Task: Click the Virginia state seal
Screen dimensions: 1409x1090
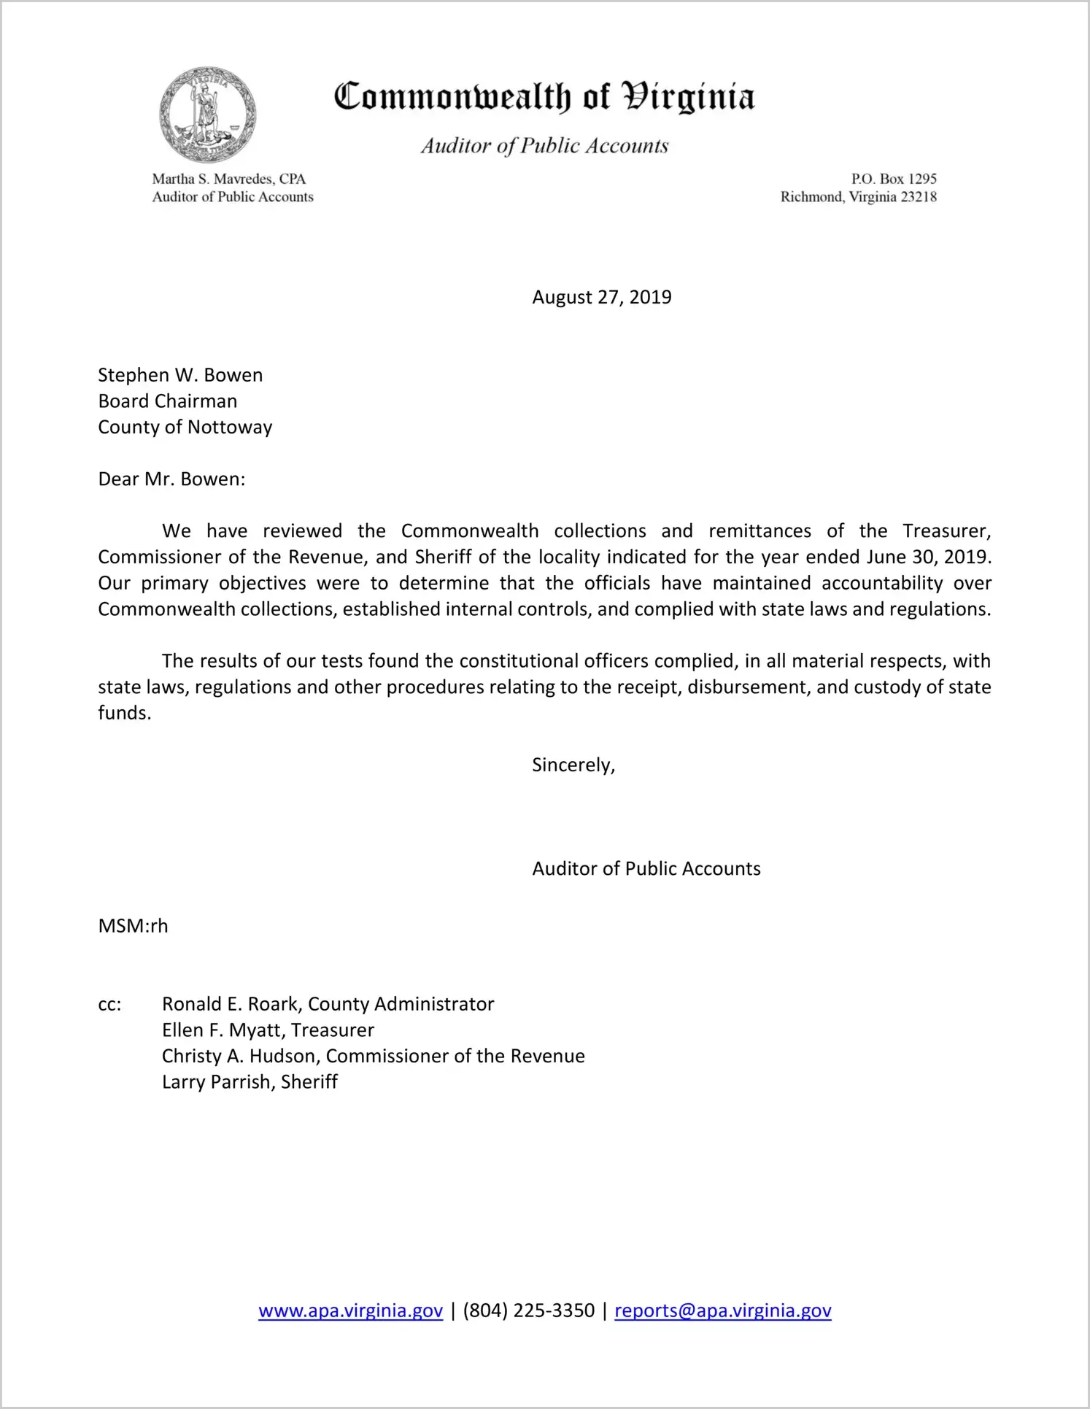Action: pyautogui.click(x=208, y=115)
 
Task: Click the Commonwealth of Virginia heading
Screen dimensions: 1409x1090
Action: pyautogui.click(x=544, y=97)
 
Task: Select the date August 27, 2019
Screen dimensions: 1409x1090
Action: pyautogui.click(x=601, y=297)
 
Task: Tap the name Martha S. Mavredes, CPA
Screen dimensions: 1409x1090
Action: pyautogui.click(x=228, y=179)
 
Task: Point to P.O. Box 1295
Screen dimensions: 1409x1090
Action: pyautogui.click(x=893, y=179)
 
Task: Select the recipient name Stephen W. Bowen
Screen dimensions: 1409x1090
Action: pyautogui.click(x=180, y=375)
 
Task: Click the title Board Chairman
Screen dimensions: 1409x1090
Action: pyautogui.click(x=168, y=401)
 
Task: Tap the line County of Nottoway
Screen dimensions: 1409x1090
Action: pyautogui.click(x=185, y=427)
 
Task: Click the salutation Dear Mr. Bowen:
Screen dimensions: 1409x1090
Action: pyautogui.click(x=171, y=479)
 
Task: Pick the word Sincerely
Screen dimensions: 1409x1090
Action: pyautogui.click(x=573, y=765)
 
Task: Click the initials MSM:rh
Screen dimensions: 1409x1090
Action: pyautogui.click(x=133, y=926)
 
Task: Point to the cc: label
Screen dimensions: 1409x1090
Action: pyautogui.click(x=109, y=1005)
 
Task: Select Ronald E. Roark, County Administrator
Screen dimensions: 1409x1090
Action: pyautogui.click(x=328, y=1004)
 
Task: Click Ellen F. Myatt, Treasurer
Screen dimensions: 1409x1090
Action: pyautogui.click(x=268, y=1030)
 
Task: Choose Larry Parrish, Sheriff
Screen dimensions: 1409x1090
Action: pyautogui.click(x=250, y=1082)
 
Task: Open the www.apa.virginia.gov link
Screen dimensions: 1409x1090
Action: pyautogui.click(x=350, y=1311)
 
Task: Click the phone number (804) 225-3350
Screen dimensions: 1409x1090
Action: pyautogui.click(x=528, y=1310)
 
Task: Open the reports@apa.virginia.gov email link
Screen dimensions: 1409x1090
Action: pyautogui.click(x=722, y=1311)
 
